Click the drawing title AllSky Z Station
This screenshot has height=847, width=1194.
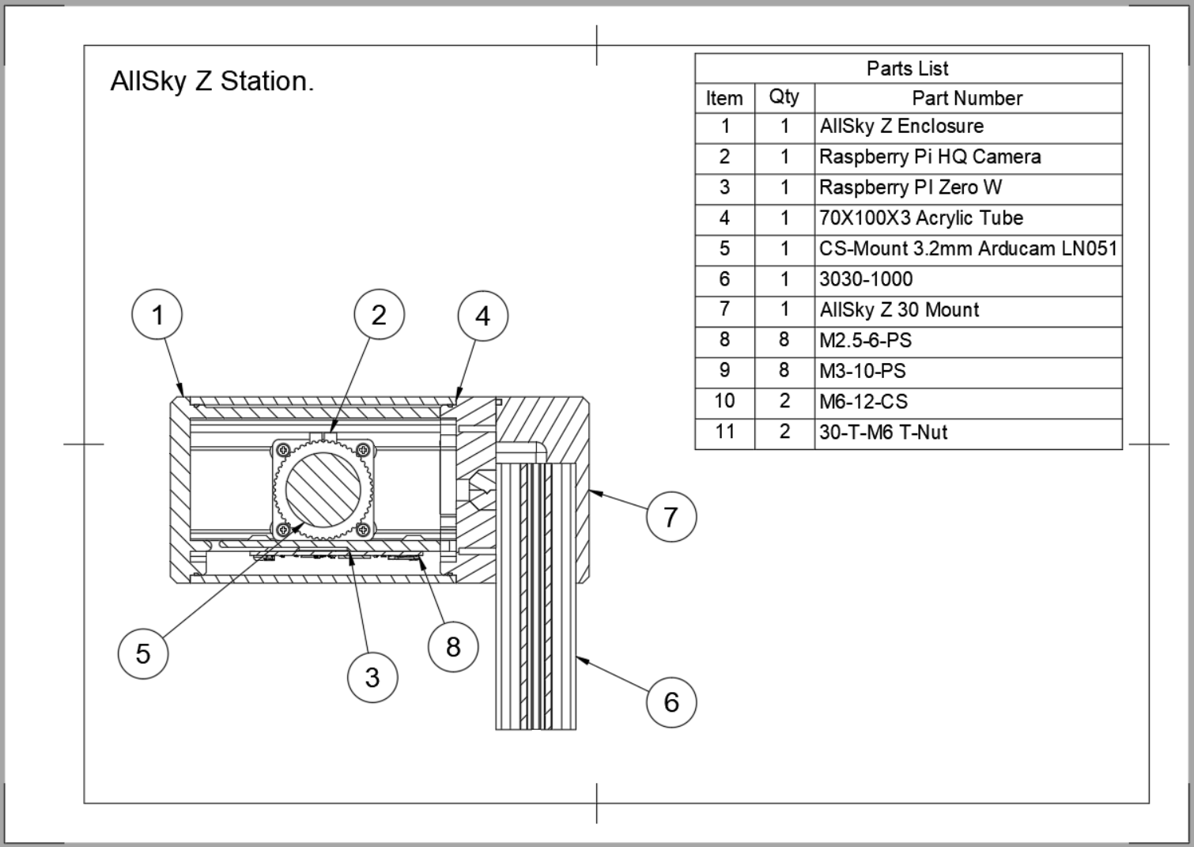point(212,81)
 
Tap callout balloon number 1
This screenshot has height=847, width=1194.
point(157,315)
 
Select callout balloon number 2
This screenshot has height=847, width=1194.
point(379,315)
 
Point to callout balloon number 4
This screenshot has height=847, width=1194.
point(482,316)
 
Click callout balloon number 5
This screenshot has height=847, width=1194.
point(143,653)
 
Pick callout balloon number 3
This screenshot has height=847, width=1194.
point(372,677)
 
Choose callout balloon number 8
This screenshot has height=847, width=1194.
point(453,647)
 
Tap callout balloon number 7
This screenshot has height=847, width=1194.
point(671,517)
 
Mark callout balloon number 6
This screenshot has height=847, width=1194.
point(671,701)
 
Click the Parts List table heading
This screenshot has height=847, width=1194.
point(908,69)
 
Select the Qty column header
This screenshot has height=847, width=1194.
point(784,97)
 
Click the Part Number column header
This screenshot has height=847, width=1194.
point(967,98)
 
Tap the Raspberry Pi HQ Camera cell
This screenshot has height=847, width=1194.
point(930,157)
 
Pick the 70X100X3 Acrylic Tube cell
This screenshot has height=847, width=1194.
point(921,218)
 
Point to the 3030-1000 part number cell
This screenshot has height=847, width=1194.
point(866,279)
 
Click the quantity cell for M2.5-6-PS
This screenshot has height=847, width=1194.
point(784,340)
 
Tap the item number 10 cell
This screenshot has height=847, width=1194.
point(724,402)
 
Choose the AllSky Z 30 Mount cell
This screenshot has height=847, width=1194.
point(899,310)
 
